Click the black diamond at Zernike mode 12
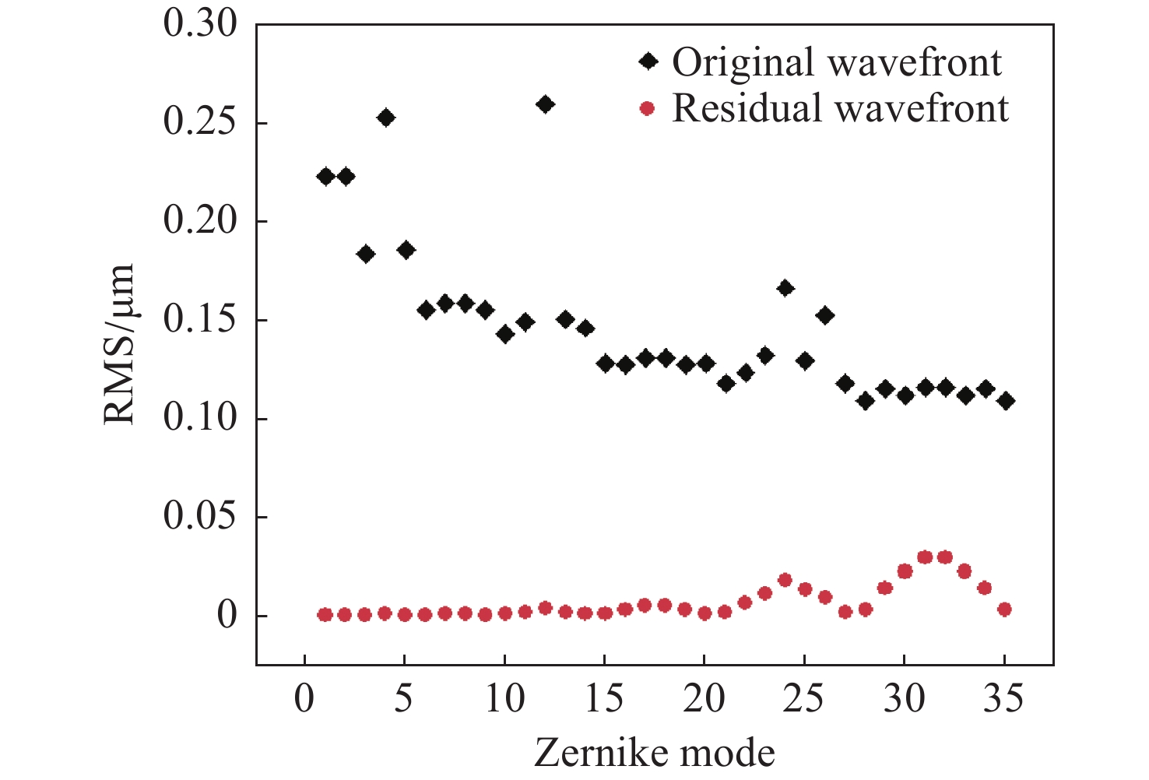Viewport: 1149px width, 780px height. click(545, 104)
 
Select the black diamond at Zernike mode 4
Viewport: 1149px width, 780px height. click(386, 118)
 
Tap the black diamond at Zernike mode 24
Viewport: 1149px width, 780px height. click(785, 288)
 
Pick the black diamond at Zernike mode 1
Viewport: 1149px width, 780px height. click(325, 176)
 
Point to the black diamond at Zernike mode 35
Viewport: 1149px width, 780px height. click(1005, 401)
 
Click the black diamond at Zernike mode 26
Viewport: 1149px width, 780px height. click(825, 315)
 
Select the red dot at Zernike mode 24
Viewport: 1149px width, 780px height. click(785, 580)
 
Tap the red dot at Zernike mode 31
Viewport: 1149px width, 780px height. click(925, 557)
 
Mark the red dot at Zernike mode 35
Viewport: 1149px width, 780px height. click(1004, 610)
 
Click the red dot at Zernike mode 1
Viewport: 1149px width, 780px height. click(325, 615)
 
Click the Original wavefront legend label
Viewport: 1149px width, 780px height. click(837, 62)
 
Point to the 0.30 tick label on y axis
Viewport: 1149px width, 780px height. click(200, 24)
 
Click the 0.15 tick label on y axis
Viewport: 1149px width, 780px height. click(200, 320)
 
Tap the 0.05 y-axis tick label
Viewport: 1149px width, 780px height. click(200, 517)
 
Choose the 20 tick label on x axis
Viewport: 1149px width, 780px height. click(704, 699)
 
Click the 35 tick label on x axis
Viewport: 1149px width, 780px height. click(1004, 699)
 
